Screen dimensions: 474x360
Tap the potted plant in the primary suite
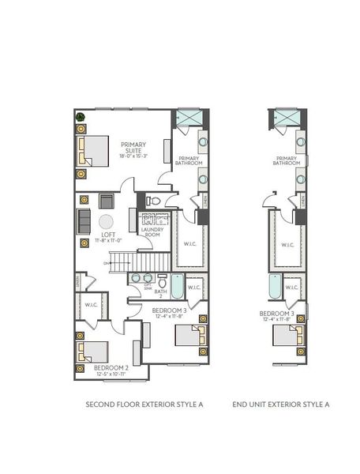coord(81,117)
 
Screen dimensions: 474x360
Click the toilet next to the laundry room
coord(154,201)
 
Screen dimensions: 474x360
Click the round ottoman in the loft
coord(106,222)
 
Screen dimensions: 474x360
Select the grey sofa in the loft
coord(84,220)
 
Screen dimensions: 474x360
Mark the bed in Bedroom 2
coord(92,349)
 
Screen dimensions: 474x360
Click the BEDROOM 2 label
coord(111,368)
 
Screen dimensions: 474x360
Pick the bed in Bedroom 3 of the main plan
coord(189,335)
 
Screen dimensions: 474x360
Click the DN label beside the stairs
coord(105,263)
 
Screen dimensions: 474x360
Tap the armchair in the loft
coord(106,201)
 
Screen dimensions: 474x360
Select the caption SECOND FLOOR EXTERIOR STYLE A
coord(144,404)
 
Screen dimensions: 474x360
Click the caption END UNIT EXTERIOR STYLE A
coord(280,404)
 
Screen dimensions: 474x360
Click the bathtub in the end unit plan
coord(274,286)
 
